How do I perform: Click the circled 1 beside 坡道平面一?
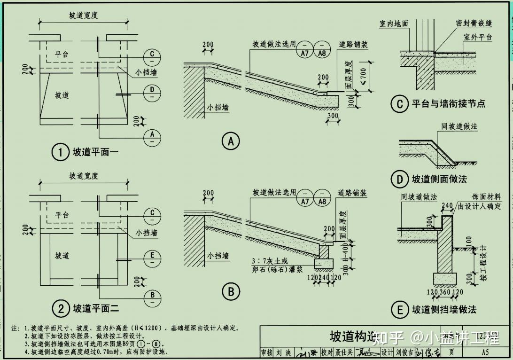click(x=60, y=153)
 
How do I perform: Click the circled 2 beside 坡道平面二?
click(x=60, y=309)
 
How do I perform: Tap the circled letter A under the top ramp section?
click(x=230, y=141)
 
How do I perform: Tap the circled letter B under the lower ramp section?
click(x=230, y=292)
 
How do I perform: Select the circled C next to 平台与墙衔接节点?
click(x=399, y=103)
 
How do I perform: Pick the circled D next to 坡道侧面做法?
click(x=399, y=179)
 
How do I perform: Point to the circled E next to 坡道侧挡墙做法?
click(x=400, y=310)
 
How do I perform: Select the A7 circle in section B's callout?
click(x=305, y=198)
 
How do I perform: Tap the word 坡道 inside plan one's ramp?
click(x=62, y=95)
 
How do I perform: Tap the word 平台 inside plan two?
click(x=62, y=215)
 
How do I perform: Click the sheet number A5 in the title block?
click(x=485, y=352)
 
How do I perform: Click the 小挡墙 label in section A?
click(x=218, y=108)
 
